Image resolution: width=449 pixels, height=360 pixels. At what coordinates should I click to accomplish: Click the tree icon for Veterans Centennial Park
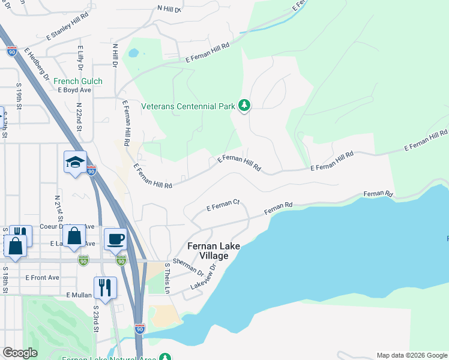(244, 106)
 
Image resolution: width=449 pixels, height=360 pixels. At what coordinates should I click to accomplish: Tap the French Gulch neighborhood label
(77, 81)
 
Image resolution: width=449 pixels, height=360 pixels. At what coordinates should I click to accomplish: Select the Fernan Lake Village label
(208, 251)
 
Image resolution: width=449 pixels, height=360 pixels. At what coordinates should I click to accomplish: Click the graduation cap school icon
(76, 163)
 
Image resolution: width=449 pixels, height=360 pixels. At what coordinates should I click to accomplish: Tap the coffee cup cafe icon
(115, 239)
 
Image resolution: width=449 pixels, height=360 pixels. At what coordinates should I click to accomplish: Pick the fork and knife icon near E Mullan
(105, 287)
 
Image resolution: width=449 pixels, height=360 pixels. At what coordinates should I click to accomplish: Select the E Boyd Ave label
(74, 90)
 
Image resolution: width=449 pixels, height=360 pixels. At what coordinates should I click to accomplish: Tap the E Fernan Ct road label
(223, 206)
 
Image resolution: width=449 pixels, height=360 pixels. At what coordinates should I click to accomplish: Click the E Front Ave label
(42, 278)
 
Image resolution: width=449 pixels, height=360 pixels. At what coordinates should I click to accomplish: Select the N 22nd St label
(79, 112)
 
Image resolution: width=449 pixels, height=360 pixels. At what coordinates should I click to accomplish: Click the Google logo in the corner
(20, 353)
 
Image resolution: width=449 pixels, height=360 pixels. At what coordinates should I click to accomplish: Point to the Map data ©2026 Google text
(411, 355)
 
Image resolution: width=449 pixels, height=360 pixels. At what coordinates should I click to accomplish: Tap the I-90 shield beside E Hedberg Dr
(12, 52)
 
